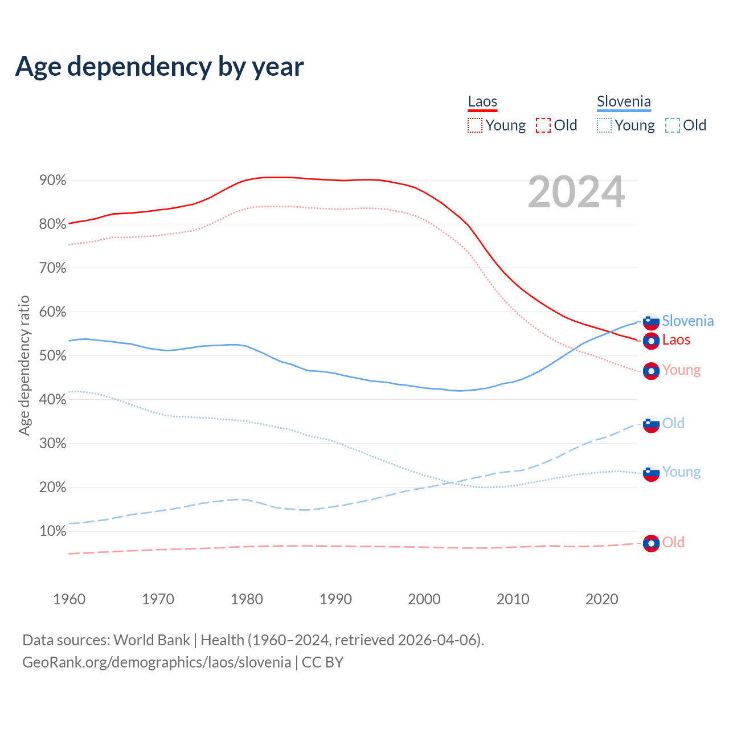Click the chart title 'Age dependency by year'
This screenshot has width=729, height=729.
(159, 67)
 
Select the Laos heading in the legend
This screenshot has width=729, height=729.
(482, 102)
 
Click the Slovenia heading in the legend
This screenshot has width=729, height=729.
(624, 102)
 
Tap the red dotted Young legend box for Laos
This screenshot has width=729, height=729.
(475, 125)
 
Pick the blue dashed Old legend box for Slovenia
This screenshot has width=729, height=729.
(673, 125)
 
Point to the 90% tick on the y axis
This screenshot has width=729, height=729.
(52, 181)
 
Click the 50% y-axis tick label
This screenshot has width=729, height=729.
(52, 356)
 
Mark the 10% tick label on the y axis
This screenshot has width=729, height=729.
(52, 531)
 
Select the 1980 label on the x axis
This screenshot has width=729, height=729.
(247, 599)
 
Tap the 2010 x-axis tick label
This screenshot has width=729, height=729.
(513, 599)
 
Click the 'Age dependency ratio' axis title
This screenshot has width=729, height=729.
(24, 365)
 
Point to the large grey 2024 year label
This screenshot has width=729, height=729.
(576, 193)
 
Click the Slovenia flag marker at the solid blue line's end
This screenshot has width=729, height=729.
(651, 321)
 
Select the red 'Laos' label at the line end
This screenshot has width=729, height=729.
(676, 340)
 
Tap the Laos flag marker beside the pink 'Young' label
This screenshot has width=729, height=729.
(651, 371)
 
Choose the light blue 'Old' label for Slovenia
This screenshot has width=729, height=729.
(673, 423)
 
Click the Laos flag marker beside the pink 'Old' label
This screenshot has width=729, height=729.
(651, 543)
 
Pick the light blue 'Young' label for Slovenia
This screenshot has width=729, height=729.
(681, 472)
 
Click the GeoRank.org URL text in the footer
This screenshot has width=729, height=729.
(157, 662)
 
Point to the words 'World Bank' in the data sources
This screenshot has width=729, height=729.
(151, 640)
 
